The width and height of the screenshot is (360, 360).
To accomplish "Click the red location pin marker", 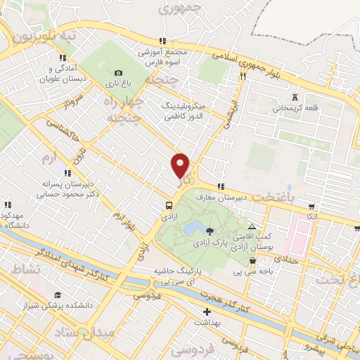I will point(181,165).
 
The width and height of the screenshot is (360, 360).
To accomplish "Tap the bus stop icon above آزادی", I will point(169,205).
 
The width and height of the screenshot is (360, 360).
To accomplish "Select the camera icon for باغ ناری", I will point(118,72).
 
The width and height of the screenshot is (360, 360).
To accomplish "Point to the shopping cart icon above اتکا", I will point(312,207).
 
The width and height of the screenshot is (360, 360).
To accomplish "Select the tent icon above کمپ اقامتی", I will point(252,226).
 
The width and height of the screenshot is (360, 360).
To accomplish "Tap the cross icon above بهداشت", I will point(207,311).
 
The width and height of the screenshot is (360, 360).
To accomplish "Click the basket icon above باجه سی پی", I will point(252,260).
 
